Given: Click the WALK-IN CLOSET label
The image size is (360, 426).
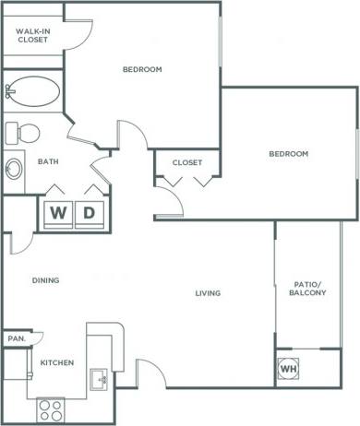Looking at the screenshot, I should tap(32, 35).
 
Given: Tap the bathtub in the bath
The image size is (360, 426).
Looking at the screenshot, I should tap(34, 91).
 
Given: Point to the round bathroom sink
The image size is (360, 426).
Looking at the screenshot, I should tap(15, 169).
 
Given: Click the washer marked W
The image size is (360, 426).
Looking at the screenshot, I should tap(59, 213).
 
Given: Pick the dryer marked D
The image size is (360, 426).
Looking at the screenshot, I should tap(90, 213).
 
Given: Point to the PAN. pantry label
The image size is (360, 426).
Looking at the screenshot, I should tap(16, 338).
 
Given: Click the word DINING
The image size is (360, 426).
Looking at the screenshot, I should tap(46, 280).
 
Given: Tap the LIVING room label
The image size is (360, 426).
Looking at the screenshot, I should tap(209, 294).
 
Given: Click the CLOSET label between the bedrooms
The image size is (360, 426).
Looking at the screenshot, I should tap(187, 162).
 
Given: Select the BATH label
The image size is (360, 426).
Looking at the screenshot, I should tap(48, 161).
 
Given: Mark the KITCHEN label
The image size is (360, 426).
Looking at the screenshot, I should tap(56, 362).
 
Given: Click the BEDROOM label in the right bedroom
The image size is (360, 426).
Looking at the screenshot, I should tap(288, 153).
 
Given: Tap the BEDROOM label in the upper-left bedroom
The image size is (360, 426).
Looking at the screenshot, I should tap(142, 69).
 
